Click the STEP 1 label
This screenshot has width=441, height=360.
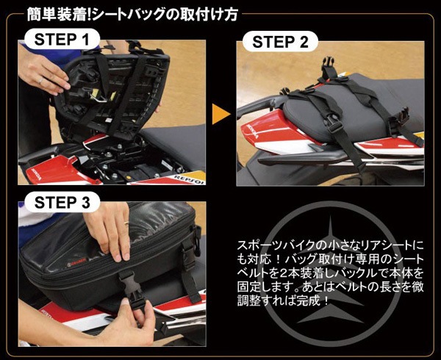tap(62, 40)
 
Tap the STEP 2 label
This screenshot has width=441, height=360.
tap(280, 42)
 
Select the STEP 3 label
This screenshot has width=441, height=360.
tap(62, 202)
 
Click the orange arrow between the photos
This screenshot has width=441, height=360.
tap(220, 114)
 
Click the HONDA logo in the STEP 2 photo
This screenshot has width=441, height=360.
tap(253, 132)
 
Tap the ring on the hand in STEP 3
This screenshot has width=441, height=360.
tap(126, 223)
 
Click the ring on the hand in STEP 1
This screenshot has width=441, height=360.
tap(41, 81)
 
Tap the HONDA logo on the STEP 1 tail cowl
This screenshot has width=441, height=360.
tap(35, 175)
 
